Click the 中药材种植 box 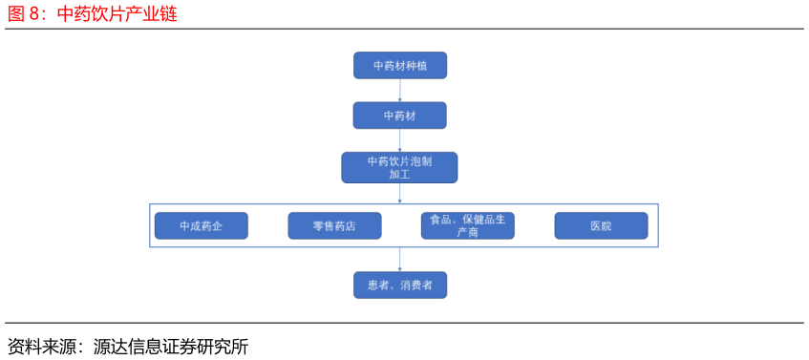[x=399, y=65]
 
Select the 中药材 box [x=399, y=116]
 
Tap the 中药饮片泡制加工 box [x=399, y=167]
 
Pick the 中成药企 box [x=201, y=225]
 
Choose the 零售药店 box [x=334, y=225]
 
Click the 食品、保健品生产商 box [x=467, y=225]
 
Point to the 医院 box [x=601, y=225]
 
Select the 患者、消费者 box [x=399, y=285]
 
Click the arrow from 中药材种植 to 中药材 [x=399, y=90]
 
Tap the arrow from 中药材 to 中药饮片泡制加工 [x=399, y=140]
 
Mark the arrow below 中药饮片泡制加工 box [x=399, y=193]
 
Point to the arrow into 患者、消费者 [x=399, y=260]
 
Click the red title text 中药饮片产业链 [x=117, y=14]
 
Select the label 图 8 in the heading [x=24, y=14]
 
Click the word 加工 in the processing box [x=399, y=174]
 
